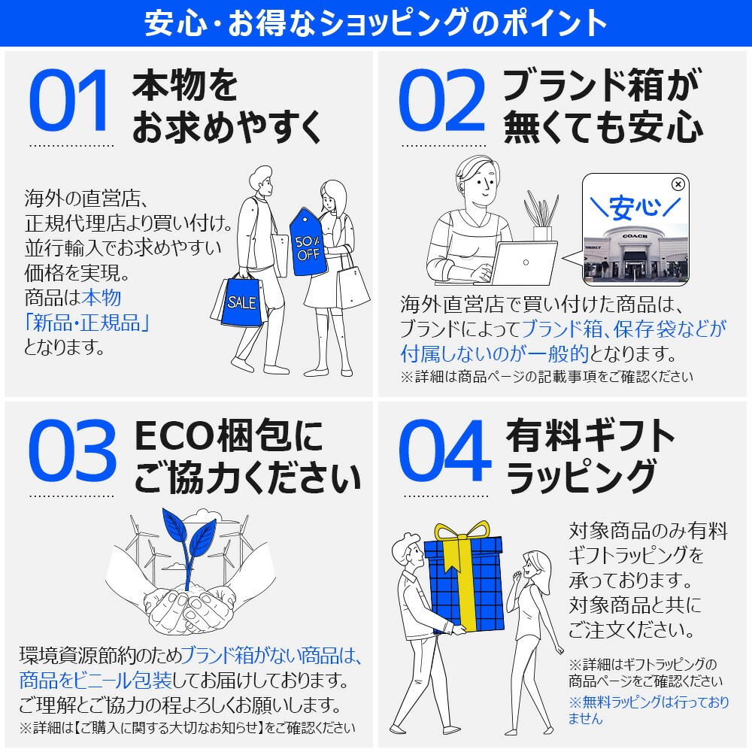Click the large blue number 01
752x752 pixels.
coord(70,101)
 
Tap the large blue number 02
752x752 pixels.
coord(441,101)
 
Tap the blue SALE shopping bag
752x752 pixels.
coord(241,302)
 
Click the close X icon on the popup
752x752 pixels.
coord(678,183)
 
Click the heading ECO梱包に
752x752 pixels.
coord(229,436)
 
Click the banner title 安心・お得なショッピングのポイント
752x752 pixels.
coord(376,23)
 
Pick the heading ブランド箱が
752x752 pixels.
coord(601,85)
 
